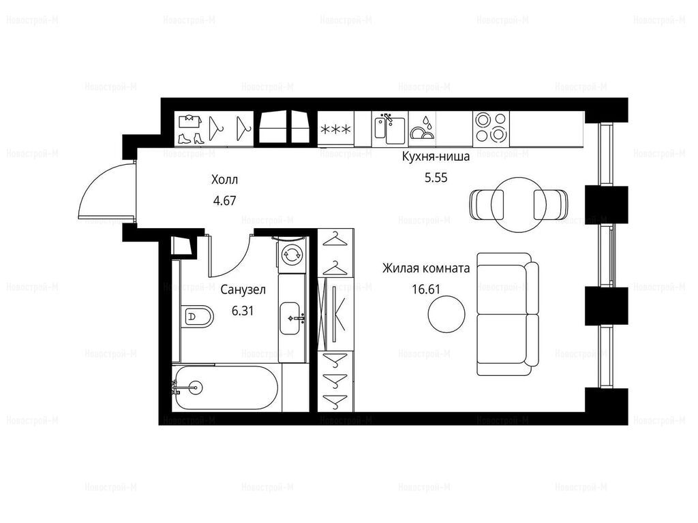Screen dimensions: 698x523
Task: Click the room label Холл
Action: tap(224, 180)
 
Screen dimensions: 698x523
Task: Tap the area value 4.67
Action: tap(224, 201)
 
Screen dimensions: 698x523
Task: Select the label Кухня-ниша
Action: tap(436, 157)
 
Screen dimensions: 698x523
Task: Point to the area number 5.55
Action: tap(436, 178)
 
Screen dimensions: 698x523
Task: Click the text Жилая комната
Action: tap(426, 268)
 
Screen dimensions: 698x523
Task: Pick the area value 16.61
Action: tap(426, 289)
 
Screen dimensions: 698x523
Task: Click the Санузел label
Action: tap(243, 290)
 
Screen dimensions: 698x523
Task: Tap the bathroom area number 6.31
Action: tap(243, 311)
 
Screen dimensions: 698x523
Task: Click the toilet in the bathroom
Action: tap(197, 317)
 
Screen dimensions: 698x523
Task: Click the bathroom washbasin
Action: tap(292, 319)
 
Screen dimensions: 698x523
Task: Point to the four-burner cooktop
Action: tap(491, 127)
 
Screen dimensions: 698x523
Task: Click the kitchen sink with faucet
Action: tap(389, 129)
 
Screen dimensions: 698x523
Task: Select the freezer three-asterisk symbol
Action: tap(335, 130)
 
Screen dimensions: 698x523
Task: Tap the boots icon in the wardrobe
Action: tap(191, 138)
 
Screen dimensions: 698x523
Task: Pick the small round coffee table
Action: tap(447, 314)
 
